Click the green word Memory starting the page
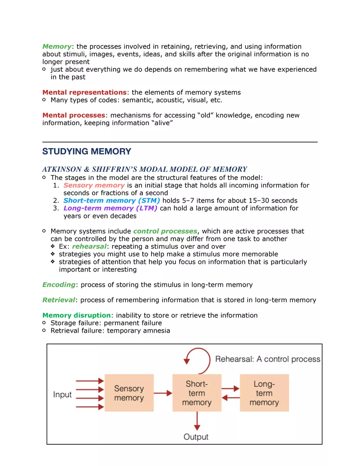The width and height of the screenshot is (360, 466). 56,46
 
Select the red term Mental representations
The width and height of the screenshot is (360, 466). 84,92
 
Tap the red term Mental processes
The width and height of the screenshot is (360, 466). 74,115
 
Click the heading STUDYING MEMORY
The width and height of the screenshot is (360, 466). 87,151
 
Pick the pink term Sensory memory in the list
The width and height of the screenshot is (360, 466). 94,185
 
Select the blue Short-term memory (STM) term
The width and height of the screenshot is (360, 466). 112,200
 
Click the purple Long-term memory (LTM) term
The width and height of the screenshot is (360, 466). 110,208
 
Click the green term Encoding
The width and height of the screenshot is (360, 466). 59,285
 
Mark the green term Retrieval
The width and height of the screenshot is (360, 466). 59,300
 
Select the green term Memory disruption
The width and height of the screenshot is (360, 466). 76,315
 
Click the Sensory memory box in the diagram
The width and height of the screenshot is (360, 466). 129,393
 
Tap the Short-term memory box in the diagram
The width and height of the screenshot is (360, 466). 197,393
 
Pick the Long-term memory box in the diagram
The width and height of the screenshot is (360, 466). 264,393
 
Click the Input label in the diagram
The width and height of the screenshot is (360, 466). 62,395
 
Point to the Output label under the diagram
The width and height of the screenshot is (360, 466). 196,437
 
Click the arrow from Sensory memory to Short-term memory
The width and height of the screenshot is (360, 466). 163,394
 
